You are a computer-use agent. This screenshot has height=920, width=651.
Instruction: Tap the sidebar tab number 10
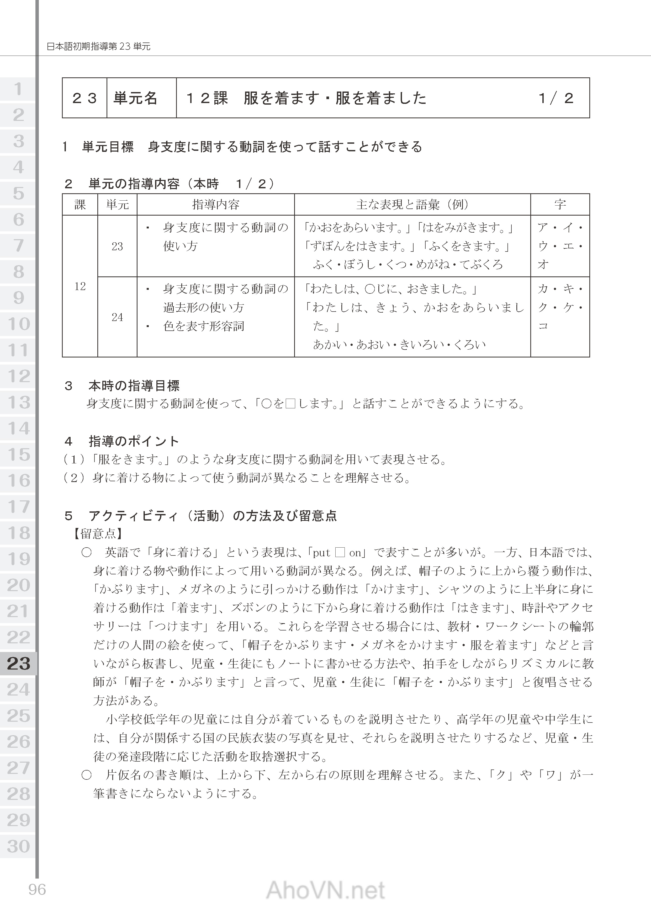tap(18, 324)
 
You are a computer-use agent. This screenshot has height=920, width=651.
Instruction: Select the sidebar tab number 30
tap(18, 846)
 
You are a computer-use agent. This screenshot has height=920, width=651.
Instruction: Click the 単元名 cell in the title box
tap(135, 98)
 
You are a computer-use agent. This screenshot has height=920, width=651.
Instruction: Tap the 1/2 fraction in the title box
tap(556, 98)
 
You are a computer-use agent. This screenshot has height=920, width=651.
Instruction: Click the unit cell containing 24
tap(117, 317)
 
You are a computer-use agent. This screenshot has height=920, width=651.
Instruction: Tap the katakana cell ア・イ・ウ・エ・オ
tap(560, 246)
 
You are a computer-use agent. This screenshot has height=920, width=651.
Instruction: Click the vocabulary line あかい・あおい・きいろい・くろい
tap(399, 345)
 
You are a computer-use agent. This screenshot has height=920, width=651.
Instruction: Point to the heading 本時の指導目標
tap(134, 386)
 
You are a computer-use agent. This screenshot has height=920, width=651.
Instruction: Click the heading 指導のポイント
tap(134, 442)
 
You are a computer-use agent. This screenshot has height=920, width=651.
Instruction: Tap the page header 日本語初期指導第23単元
tap(99, 46)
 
